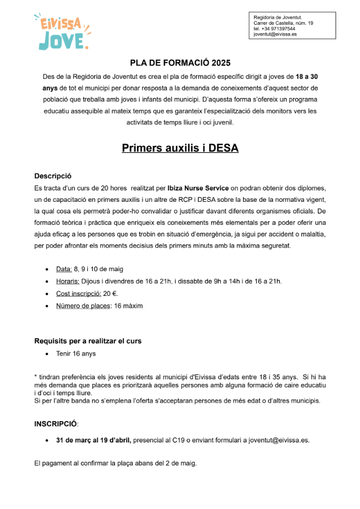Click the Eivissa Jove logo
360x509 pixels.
61,32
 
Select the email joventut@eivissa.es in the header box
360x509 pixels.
275,34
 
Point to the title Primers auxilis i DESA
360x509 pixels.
180,148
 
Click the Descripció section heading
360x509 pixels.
53,176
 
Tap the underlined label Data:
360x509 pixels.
64,269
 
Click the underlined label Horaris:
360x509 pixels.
68,281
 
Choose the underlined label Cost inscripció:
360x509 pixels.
78,293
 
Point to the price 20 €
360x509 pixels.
110,293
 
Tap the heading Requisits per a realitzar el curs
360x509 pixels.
88,341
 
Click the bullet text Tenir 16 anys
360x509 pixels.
76,353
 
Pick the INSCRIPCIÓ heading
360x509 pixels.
56,423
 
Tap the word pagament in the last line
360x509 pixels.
59,463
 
